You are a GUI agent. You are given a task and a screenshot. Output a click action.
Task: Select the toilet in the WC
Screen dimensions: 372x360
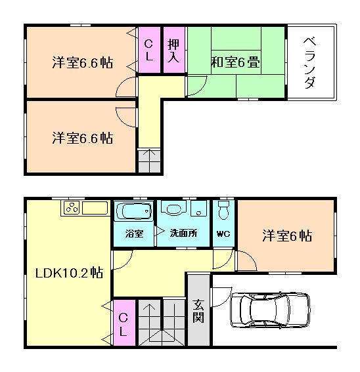(224, 211)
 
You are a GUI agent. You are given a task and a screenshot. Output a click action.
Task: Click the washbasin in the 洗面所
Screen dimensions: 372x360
(174, 211)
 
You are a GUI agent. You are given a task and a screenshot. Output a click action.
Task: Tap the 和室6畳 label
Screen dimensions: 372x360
(235, 63)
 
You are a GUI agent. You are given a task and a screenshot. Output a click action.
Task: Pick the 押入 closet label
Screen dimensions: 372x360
(173, 51)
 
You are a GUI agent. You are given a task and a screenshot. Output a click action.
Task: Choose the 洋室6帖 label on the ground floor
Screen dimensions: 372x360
(287, 234)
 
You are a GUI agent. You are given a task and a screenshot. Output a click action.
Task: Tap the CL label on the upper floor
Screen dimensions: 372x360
(149, 51)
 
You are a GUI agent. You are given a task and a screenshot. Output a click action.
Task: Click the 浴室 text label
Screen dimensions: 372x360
(134, 234)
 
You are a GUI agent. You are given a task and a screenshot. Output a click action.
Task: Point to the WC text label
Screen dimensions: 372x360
(223, 234)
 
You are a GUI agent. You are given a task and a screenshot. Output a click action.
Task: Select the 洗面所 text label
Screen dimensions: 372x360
(183, 234)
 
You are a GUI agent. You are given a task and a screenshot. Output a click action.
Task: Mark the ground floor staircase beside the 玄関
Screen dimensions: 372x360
(161, 322)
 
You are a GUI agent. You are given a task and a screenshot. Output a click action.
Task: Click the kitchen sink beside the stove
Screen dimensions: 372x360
(95, 208)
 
